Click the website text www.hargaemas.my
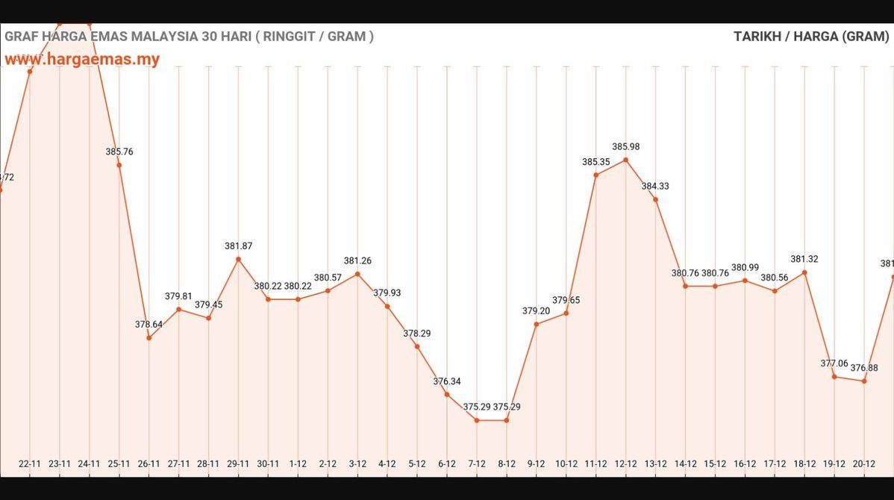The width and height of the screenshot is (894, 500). tap(82, 60)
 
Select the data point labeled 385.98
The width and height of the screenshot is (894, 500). tap(625, 160)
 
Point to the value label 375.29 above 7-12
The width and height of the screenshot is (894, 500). tap(477, 407)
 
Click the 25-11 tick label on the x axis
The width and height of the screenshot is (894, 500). tap(119, 463)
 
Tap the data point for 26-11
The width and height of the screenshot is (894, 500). tap(149, 338)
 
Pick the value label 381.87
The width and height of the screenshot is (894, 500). tap(238, 246)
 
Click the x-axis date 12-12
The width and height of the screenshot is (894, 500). tap(625, 463)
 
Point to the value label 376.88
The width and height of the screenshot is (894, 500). tap(863, 368)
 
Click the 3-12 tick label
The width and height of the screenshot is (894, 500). tap(357, 463)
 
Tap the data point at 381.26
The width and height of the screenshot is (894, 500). tap(357, 274)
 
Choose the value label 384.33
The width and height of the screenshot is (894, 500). tap(655, 186)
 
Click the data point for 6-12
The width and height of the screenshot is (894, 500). tap(447, 394)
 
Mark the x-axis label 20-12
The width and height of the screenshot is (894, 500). tap(863, 463)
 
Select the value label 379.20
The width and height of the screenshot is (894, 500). tap(536, 310)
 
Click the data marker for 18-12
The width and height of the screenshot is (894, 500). tap(804, 272)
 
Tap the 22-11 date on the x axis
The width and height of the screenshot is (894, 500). tap(30, 463)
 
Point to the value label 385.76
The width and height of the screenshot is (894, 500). tap(119, 151)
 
